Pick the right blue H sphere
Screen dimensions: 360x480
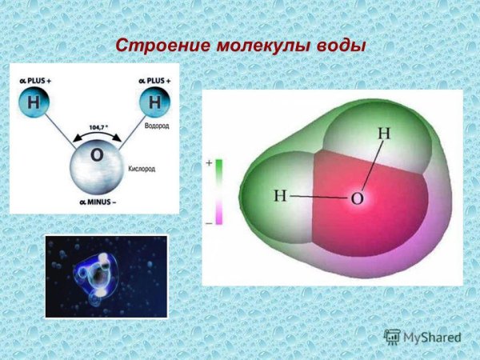click(x=154, y=103)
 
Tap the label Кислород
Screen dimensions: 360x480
click(x=142, y=170)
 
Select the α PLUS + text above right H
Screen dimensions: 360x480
click(x=154, y=80)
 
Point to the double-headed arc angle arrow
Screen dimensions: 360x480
click(x=96, y=136)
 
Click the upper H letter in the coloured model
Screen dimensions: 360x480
click(x=383, y=134)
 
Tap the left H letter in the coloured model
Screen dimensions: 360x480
click(x=280, y=195)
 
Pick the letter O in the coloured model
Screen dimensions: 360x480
click(x=358, y=198)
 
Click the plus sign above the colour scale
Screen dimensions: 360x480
click(x=209, y=162)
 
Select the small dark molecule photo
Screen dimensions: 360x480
click(x=106, y=276)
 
